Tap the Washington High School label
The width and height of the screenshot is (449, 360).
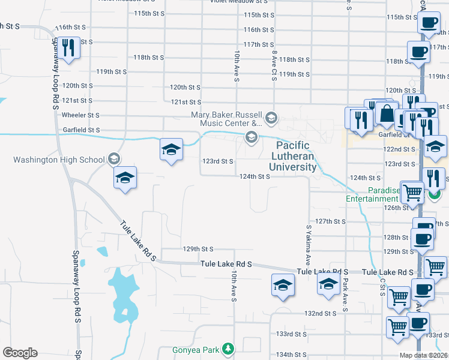tap(59, 160)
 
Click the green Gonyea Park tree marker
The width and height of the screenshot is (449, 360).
tap(228, 349)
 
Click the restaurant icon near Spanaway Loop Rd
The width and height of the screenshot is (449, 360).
tap(68, 48)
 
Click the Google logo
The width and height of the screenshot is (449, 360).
tap(20, 353)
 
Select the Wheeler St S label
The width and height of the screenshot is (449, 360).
tap(80, 115)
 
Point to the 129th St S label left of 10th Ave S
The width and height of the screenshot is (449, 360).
tap(198, 248)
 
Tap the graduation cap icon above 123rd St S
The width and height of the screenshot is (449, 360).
tap(171, 149)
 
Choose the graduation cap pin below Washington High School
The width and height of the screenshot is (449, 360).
tap(125, 178)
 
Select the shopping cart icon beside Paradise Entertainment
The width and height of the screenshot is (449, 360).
tap(412, 193)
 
